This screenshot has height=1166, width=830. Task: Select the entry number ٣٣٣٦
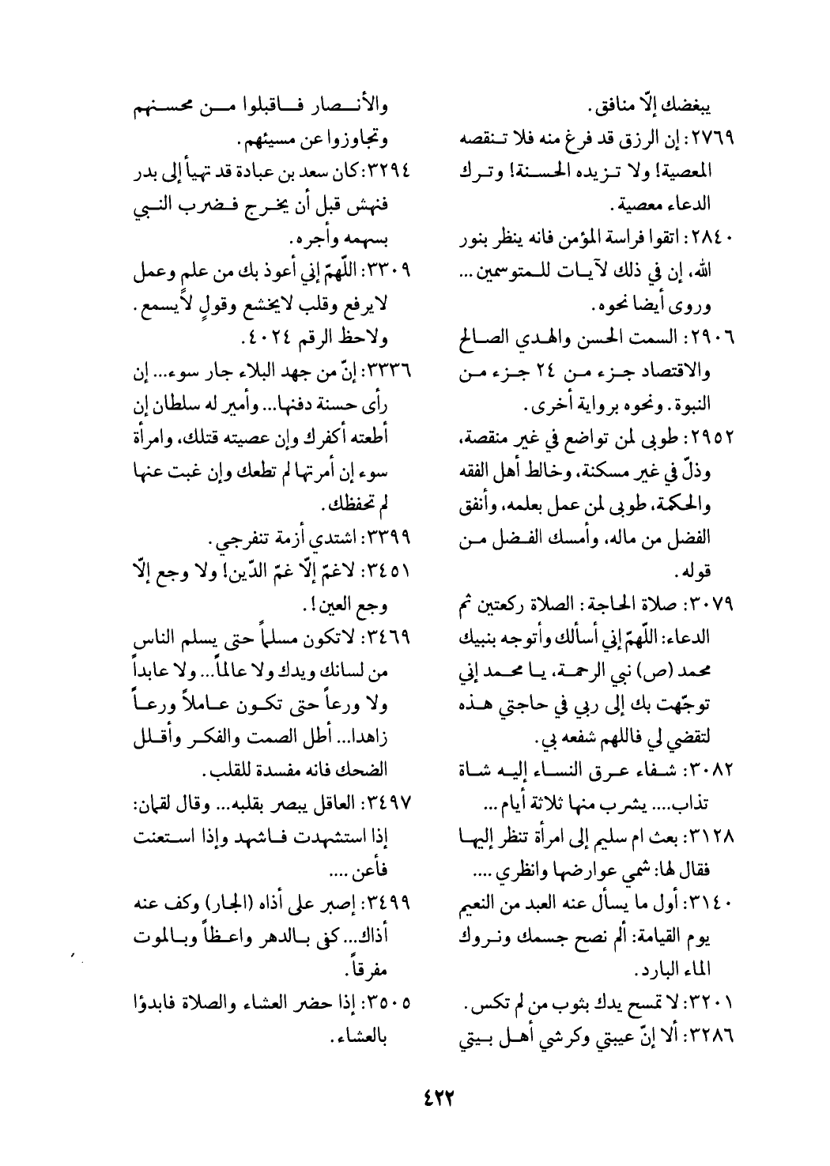398,375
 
